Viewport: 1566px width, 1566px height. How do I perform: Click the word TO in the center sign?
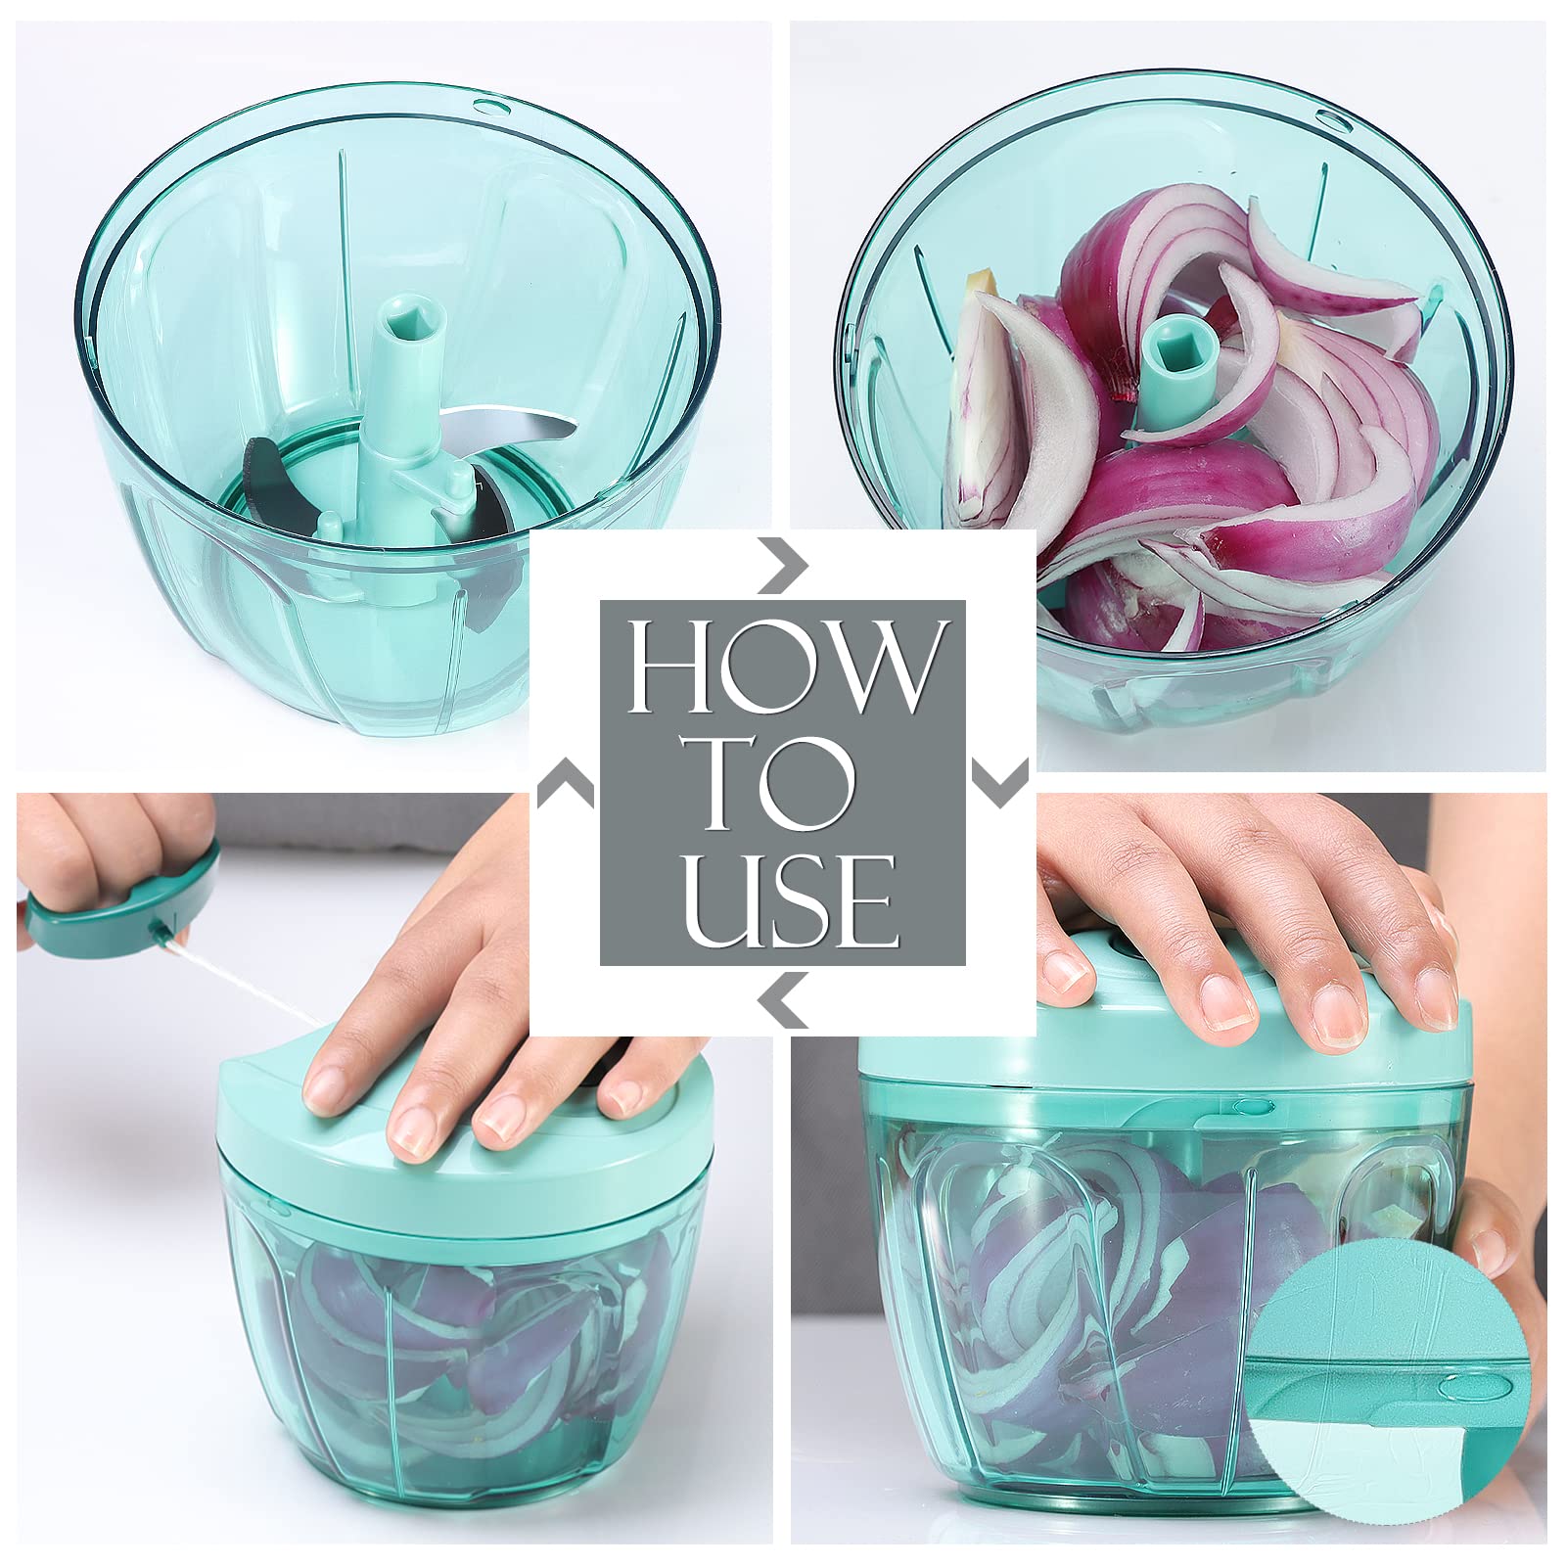click(x=777, y=783)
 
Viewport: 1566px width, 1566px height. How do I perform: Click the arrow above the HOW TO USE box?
click(x=784, y=565)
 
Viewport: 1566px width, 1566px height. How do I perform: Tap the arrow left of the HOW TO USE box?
click(x=566, y=784)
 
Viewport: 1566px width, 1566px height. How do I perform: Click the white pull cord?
click(x=241, y=979)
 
